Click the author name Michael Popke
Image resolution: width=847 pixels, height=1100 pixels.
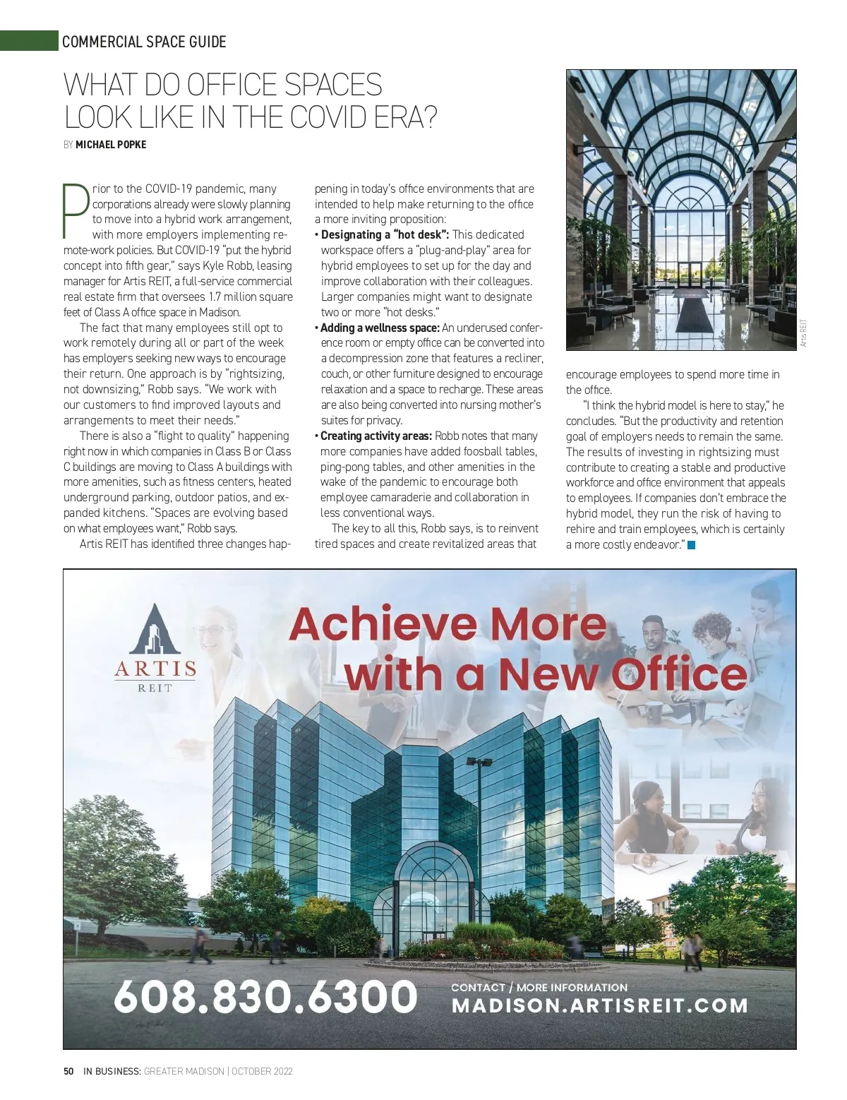click(111, 145)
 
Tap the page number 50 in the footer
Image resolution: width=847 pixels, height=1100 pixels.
click(68, 1071)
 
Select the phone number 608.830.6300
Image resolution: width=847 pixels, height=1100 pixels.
click(265, 996)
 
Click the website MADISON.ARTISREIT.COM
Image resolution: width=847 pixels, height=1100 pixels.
click(600, 1006)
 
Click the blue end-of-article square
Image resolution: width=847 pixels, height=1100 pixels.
click(692, 545)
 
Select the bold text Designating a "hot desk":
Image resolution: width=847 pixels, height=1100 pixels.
click(385, 234)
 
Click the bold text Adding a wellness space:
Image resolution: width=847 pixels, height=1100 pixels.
click(380, 328)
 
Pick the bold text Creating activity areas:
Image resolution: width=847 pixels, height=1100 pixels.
click(376, 436)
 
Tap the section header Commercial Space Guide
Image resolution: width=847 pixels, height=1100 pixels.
click(144, 42)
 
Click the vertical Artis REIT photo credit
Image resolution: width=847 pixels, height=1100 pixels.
click(803, 333)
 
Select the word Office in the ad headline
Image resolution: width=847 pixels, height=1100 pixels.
click(679, 674)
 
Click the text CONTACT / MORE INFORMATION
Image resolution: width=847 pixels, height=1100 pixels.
click(539, 988)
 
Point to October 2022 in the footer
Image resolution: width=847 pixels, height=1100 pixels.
click(262, 1071)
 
